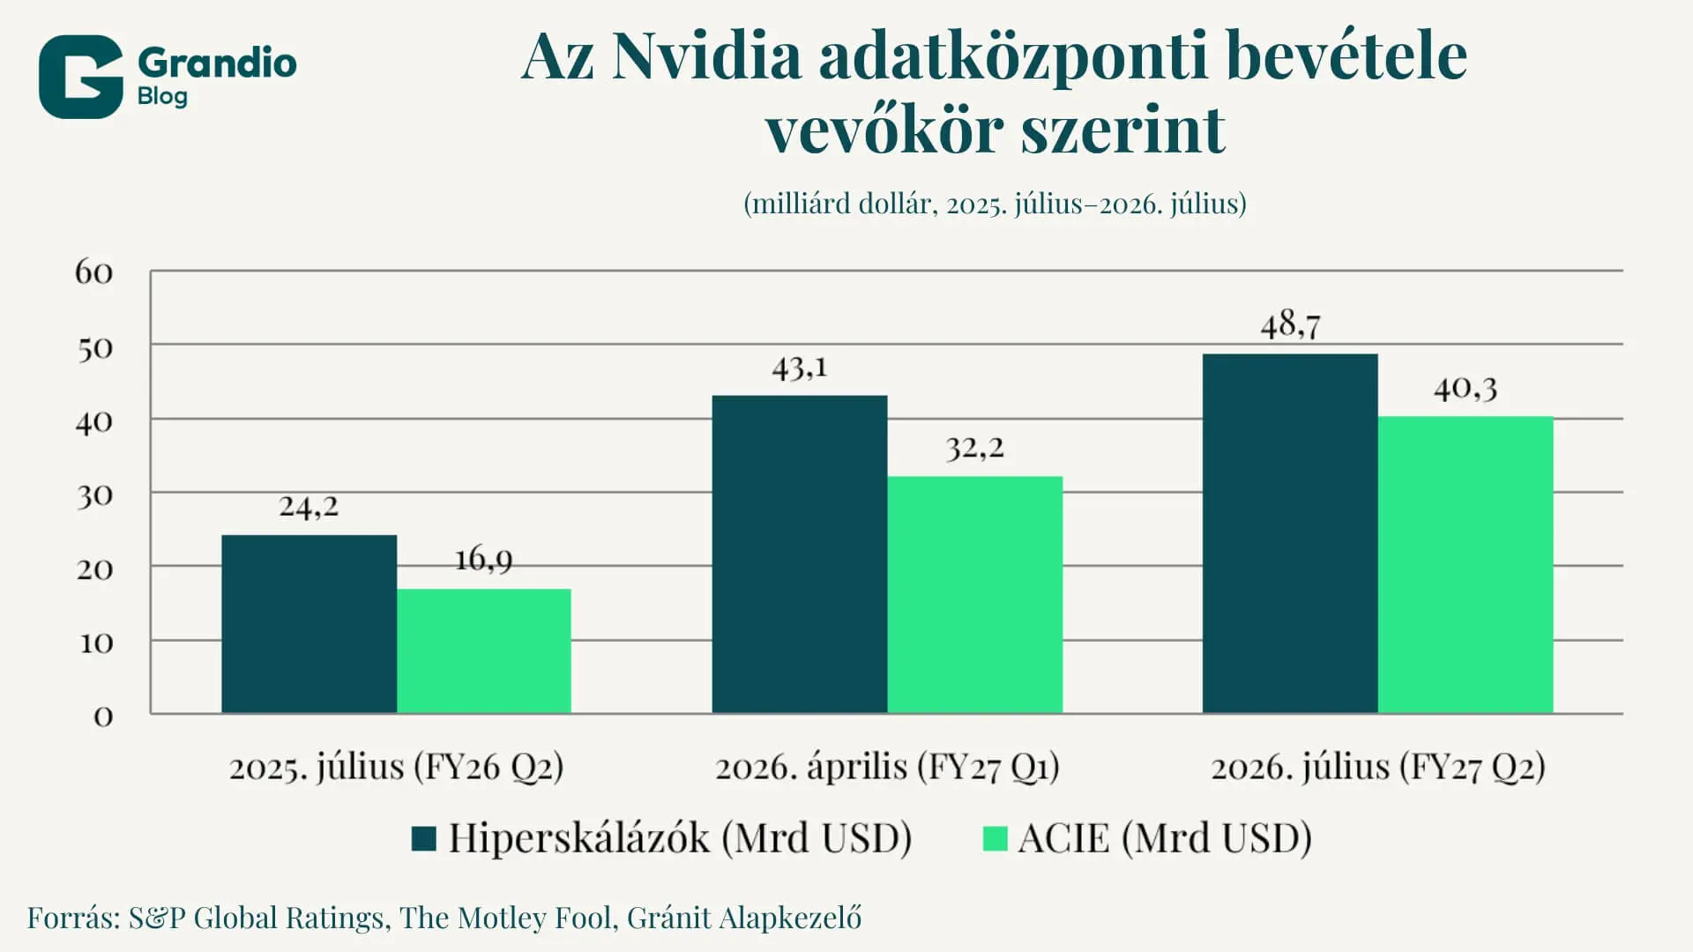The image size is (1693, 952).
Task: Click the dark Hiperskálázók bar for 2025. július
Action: [309, 623]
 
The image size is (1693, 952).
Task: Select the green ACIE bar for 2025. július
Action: [484, 651]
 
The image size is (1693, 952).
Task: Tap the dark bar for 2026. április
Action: [800, 554]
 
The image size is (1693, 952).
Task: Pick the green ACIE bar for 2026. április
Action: [974, 594]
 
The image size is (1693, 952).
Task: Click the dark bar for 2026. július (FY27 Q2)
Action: [1290, 533]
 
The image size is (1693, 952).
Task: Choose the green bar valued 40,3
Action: [1466, 564]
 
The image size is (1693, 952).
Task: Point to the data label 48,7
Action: [1290, 325]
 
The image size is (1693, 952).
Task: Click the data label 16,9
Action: [483, 559]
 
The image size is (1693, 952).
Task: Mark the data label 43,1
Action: [800, 367]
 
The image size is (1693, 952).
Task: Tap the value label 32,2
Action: [975, 448]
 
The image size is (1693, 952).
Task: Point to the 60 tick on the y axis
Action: [94, 272]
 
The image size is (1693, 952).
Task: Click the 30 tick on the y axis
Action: [94, 496]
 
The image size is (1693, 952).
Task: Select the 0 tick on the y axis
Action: [103, 717]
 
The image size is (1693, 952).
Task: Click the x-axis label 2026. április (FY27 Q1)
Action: [887, 767]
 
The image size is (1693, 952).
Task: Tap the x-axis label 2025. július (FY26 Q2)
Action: [396, 767]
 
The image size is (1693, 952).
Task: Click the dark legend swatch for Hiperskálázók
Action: [424, 838]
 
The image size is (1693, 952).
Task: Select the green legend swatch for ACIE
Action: [996, 838]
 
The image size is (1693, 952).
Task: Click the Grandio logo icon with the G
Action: [80, 77]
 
